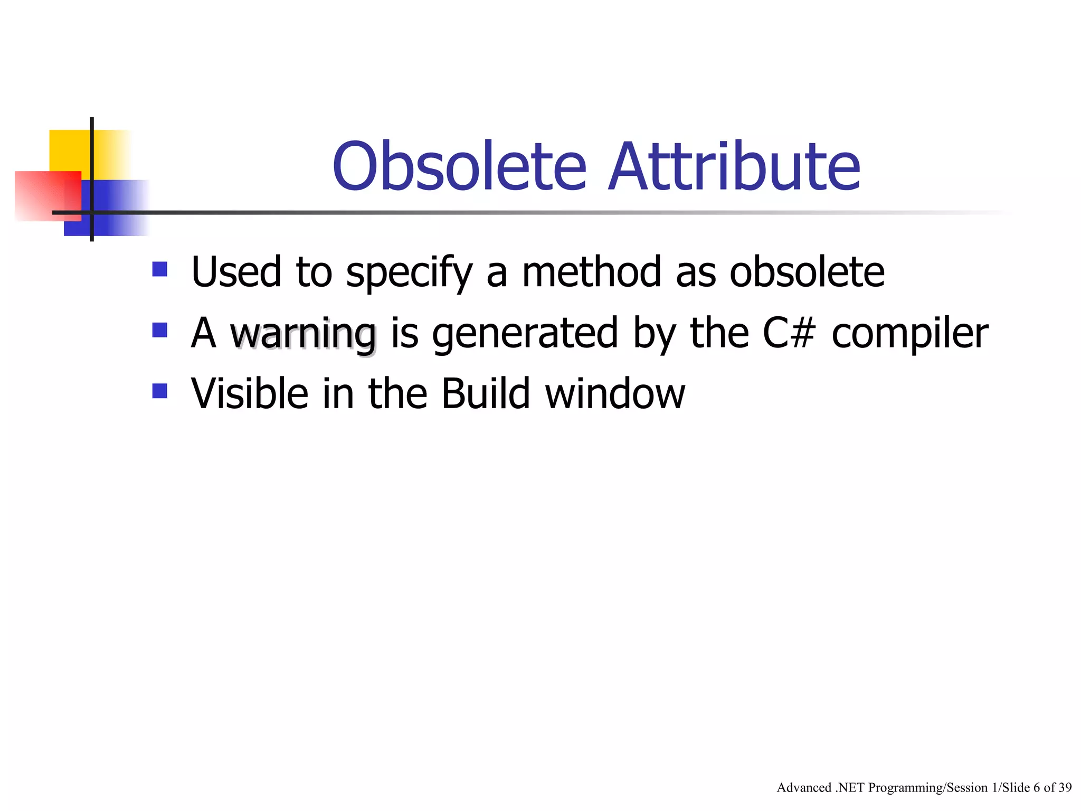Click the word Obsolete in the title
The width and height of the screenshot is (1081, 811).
pos(459,166)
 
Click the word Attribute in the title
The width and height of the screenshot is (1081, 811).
pos(734,166)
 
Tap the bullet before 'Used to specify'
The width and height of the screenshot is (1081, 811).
pos(159,269)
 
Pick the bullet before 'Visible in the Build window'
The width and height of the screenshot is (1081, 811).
pos(159,391)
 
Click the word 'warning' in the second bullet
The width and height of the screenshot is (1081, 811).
pos(303,334)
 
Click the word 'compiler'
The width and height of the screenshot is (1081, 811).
pos(909,334)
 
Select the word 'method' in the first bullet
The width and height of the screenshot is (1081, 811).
pos(591,272)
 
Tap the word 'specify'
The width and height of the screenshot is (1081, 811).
pos(409,272)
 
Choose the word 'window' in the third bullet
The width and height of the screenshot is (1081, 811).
pos(615,394)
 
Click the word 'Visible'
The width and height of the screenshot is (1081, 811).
pos(250,394)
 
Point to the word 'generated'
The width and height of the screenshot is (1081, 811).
pos(525,334)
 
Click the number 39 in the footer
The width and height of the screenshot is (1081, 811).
pos(1065,787)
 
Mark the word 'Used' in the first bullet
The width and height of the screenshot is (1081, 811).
pos(236,272)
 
